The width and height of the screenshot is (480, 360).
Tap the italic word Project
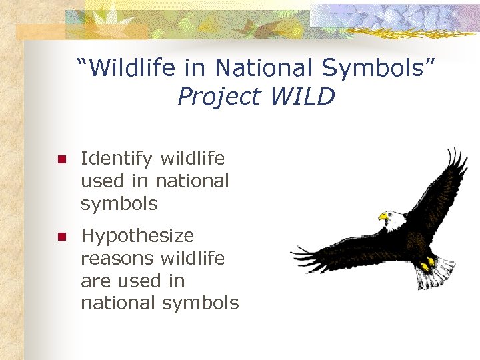click(220, 97)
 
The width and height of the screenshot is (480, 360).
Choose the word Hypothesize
click(137, 236)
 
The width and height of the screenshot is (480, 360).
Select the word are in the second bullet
click(95, 281)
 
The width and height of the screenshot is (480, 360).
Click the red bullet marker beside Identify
click(61, 159)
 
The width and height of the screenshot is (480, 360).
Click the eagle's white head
click(395, 218)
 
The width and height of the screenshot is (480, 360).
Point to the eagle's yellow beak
click(383, 217)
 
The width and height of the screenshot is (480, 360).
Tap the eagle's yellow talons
click(427, 263)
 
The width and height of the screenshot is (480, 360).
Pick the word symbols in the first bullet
click(119, 203)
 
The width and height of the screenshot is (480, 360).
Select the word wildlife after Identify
click(193, 159)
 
